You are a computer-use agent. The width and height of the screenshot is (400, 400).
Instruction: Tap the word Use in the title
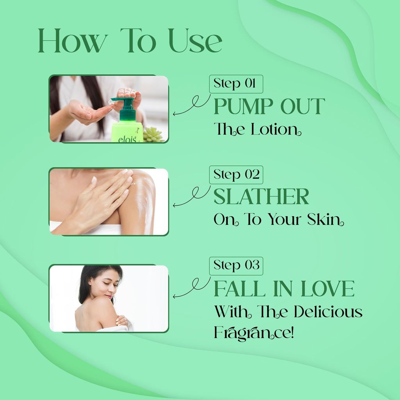pyautogui.click(x=195, y=40)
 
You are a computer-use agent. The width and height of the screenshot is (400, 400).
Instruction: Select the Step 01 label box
pyautogui.click(x=236, y=84)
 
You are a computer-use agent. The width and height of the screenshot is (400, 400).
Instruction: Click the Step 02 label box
pyautogui.click(x=236, y=175)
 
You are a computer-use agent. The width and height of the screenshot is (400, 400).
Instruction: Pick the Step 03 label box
pyautogui.click(x=236, y=266)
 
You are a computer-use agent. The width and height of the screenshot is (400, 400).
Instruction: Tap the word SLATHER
pyautogui.click(x=261, y=196)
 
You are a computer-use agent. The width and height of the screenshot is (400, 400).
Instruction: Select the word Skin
pyautogui.click(x=325, y=219)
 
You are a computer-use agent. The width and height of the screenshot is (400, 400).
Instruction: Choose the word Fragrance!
pyautogui.click(x=254, y=333)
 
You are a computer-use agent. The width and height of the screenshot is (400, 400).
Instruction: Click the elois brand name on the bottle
pyautogui.click(x=127, y=139)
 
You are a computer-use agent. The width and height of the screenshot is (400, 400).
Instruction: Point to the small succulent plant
pyautogui.click(x=153, y=135)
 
